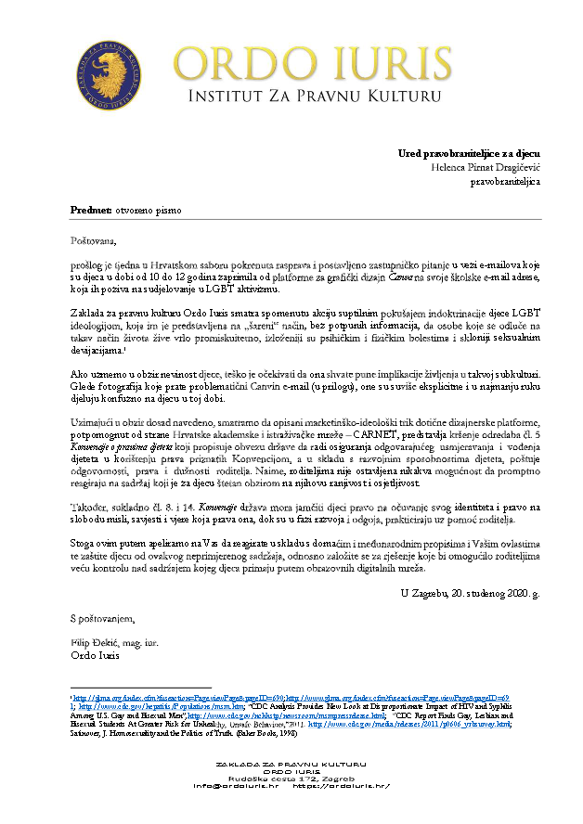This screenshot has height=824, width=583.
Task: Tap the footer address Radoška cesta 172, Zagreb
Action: (291, 778)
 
